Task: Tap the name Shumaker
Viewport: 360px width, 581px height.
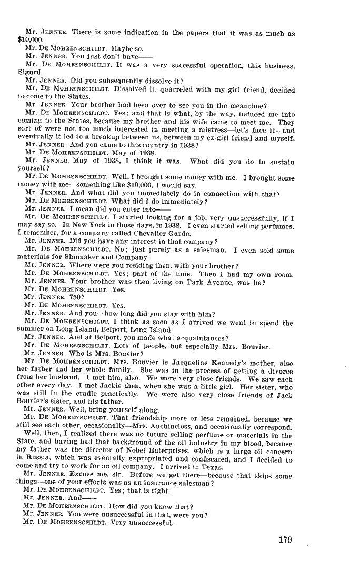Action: pyautogui.click(x=72, y=258)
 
